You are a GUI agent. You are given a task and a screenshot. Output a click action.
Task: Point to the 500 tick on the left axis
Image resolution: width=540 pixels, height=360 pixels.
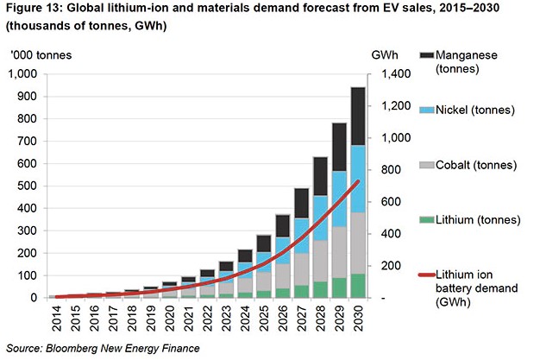[31, 186]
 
